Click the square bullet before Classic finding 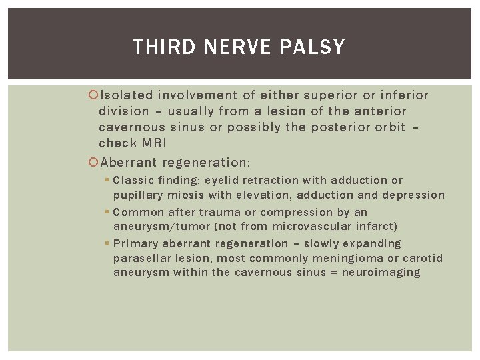[107, 180]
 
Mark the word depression [412, 195]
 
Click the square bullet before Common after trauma [107, 212]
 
